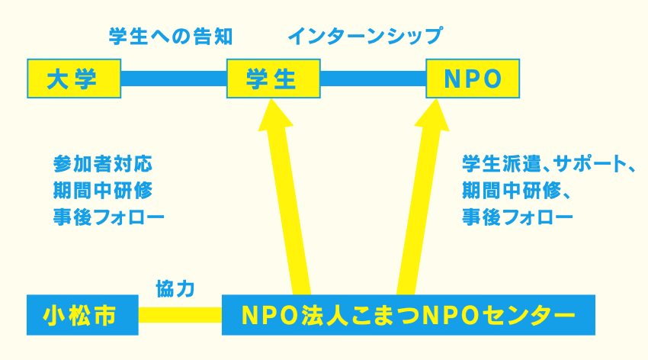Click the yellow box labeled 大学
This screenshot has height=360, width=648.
[x=74, y=79]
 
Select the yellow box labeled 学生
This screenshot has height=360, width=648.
[x=273, y=79]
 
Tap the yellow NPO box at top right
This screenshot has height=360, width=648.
[x=473, y=79]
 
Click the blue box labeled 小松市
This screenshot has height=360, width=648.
[x=82, y=315]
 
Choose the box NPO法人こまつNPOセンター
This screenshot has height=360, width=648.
[x=409, y=315]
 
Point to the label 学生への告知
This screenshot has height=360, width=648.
[x=171, y=37]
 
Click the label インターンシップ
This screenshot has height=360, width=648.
[x=365, y=37]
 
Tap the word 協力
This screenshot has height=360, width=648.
[x=175, y=288]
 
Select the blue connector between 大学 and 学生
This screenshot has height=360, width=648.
[x=174, y=79]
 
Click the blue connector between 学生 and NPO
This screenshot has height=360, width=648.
[x=374, y=79]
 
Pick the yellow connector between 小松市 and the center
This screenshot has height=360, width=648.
[x=180, y=315]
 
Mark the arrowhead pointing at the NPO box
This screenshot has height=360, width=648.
[x=433, y=115]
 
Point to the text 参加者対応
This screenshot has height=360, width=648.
[x=103, y=164]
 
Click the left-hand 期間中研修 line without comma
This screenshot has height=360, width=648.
[x=103, y=191]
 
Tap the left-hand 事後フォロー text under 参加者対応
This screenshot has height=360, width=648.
[x=109, y=217]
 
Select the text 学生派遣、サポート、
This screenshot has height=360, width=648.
[x=548, y=164]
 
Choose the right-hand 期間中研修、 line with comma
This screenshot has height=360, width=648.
[x=517, y=191]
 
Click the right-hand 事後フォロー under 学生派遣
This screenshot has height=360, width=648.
[x=518, y=217]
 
